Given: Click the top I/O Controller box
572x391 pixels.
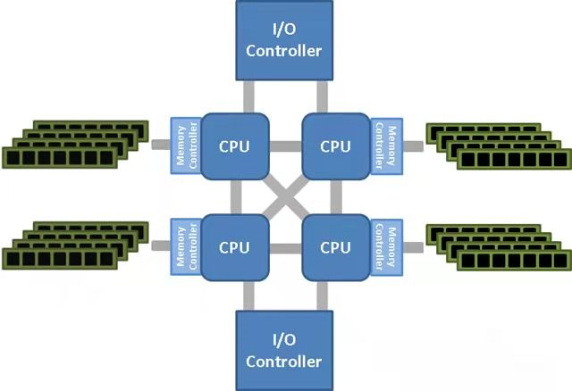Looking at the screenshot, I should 283,41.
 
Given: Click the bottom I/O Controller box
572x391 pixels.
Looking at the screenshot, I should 283,350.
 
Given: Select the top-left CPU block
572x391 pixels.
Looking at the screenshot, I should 235,146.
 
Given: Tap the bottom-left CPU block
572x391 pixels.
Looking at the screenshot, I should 235,246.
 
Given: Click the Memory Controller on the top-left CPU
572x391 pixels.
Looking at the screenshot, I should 184,146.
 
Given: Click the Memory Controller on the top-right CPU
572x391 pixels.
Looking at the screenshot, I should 385,146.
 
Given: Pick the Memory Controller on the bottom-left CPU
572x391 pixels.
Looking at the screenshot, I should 184,245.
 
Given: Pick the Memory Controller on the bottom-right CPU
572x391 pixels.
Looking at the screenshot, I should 385,245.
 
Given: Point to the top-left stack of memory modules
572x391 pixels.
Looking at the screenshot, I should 76,143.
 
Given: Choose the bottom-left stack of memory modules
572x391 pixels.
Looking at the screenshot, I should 76,244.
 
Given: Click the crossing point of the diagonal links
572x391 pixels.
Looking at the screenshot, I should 284,195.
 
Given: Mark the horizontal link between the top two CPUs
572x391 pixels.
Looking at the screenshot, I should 285,146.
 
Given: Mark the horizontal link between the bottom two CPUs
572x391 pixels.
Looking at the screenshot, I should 285,246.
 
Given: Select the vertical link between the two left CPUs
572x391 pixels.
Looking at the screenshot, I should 235,195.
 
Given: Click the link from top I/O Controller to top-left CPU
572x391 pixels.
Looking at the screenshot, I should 248,96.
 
